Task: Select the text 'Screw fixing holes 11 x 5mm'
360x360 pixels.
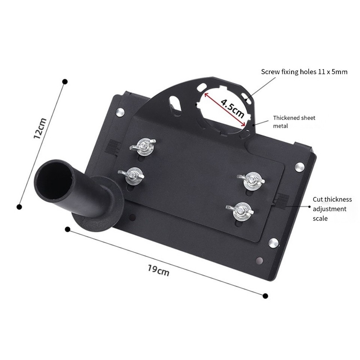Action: pos(304,72)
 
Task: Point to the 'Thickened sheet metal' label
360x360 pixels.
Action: pos(294,122)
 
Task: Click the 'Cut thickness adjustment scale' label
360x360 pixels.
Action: pos(332,208)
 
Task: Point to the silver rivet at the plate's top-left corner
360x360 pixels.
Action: pos(120,111)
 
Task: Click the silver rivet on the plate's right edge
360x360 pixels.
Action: pos(299,167)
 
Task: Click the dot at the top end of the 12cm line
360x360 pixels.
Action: pos(65,81)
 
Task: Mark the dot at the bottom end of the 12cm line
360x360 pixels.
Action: pos(19,207)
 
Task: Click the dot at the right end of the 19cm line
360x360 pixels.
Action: pos(265,296)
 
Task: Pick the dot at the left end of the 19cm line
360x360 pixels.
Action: pos(67,229)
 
